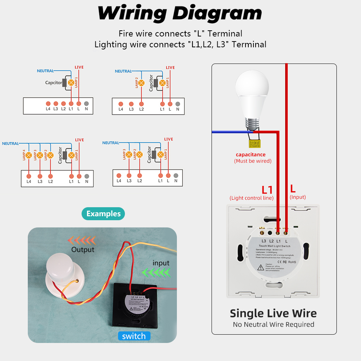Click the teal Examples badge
(103, 214)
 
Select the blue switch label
(134, 336)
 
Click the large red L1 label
(267, 190)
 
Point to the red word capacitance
(251, 155)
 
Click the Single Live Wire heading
(273, 313)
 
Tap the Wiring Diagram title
(180, 13)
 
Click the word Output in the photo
(83, 249)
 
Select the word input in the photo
(161, 263)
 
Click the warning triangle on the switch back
(260, 268)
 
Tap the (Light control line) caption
(251, 198)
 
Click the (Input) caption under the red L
(297, 197)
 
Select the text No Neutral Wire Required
(273, 325)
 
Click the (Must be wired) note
(253, 161)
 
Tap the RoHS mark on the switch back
(292, 262)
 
